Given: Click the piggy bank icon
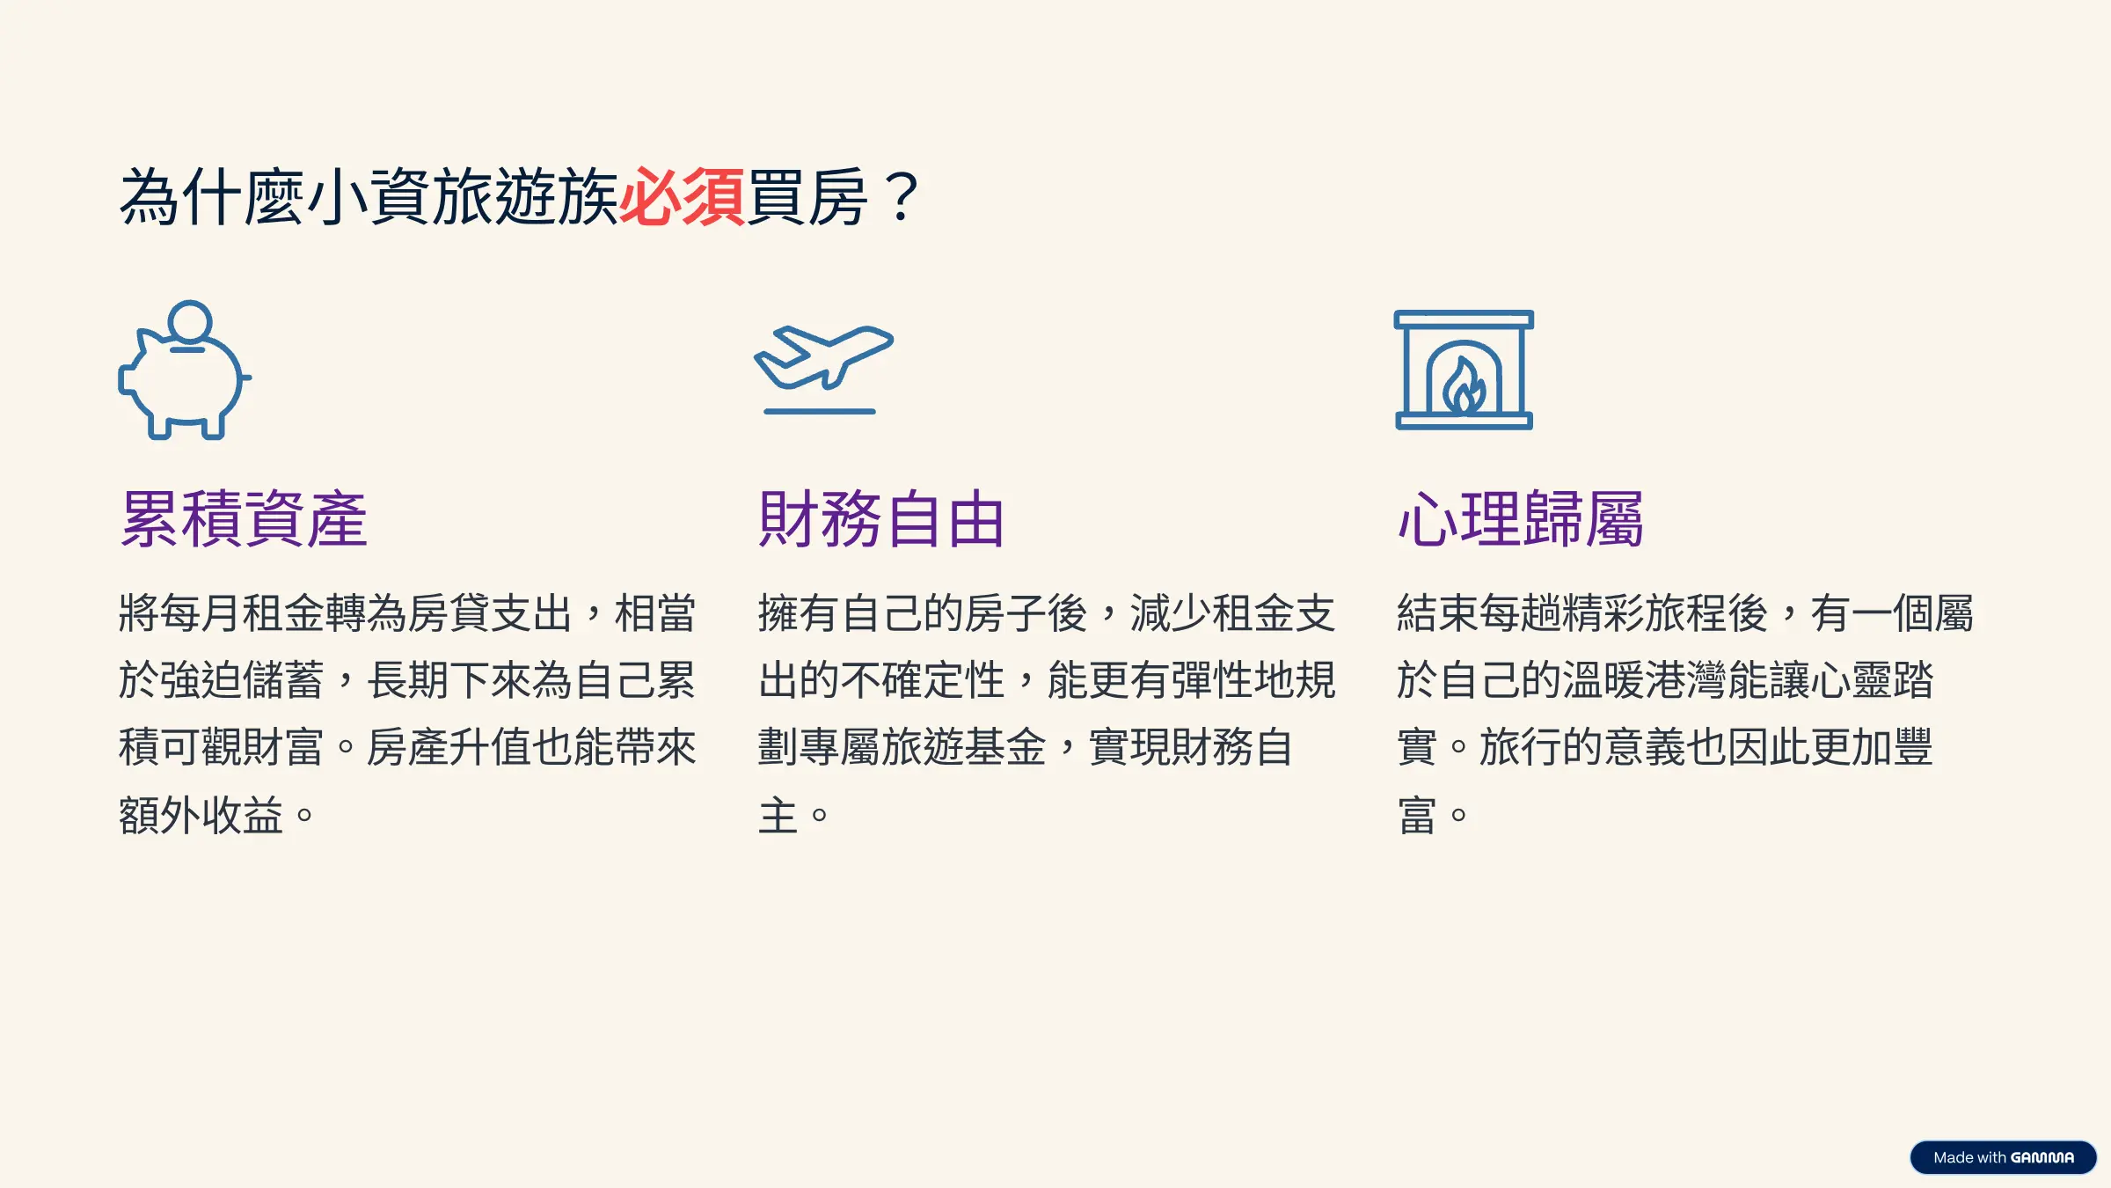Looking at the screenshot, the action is pyautogui.click(x=185, y=370).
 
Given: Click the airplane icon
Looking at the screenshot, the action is pyautogui.click(x=823, y=356).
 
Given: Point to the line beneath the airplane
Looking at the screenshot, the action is pyautogui.click(x=820, y=411).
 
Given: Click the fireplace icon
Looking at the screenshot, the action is pyautogui.click(x=1464, y=370).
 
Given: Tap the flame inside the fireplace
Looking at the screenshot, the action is pyautogui.click(x=1465, y=386).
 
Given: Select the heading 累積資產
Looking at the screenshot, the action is pyautogui.click(x=244, y=519).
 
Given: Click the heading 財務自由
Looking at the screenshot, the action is pyautogui.click(x=881, y=519).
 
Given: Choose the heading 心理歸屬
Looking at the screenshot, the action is pyautogui.click(x=1521, y=519).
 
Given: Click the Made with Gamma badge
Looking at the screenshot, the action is pyautogui.click(x=2003, y=1157).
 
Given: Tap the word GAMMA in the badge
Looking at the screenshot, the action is pyautogui.click(x=2042, y=1158).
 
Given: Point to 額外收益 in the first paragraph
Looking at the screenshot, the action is pyautogui.click(x=201, y=815).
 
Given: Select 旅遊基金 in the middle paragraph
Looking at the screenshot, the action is pyautogui.click(x=964, y=747).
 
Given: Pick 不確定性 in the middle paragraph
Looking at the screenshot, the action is pyautogui.click(x=923, y=680).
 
